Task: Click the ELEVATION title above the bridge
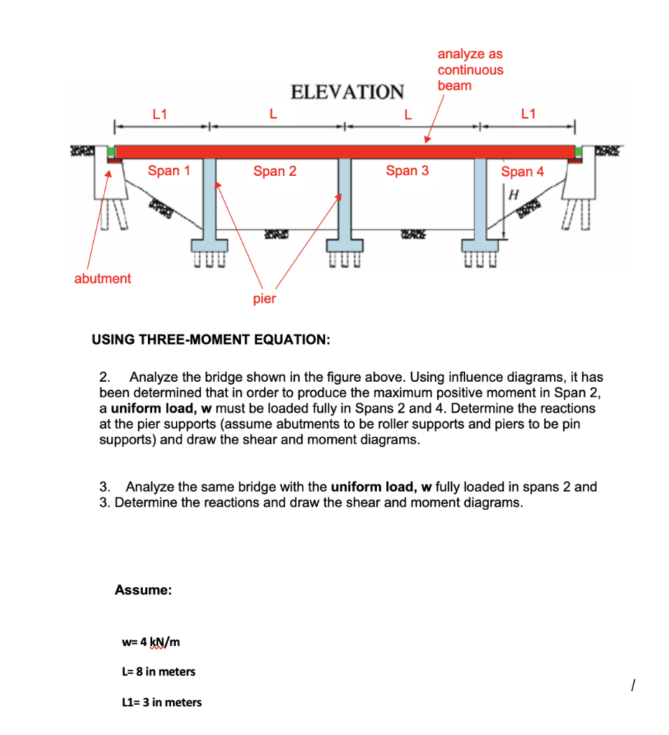[347, 92]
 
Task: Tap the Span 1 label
[169, 171]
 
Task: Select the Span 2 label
[274, 172]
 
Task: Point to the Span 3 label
[407, 171]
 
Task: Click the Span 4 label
[522, 172]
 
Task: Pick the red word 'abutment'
[103, 278]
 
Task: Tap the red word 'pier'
[264, 299]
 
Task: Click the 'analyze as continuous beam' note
[470, 70]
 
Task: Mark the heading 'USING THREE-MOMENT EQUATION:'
[211, 339]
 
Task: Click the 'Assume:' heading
[143, 590]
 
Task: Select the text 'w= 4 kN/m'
[151, 640]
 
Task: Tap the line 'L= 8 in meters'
[159, 672]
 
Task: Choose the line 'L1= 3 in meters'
[163, 703]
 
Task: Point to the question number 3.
[104, 487]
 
